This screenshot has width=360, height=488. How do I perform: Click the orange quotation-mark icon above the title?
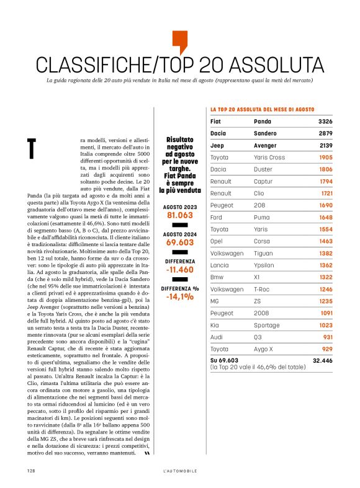coord(179,42)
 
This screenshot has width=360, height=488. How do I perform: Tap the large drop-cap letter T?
coord(32,148)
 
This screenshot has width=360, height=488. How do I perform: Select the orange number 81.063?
coord(180,215)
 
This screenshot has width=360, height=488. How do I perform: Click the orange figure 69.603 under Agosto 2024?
coord(180,243)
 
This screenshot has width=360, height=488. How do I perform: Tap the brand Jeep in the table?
coord(218,145)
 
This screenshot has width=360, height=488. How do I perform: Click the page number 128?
coord(30,471)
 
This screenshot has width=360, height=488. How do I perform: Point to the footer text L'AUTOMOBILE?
coord(179,471)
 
